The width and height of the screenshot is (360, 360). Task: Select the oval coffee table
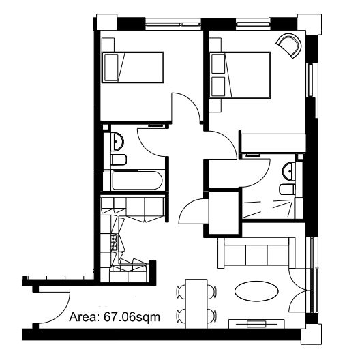click(256, 291)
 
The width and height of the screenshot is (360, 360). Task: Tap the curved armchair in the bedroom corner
click(290, 46)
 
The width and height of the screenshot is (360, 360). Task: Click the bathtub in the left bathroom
click(137, 180)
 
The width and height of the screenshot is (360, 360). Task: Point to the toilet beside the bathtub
click(119, 160)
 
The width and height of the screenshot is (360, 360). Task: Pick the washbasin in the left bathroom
click(117, 141)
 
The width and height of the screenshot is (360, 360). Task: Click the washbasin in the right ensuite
click(289, 170)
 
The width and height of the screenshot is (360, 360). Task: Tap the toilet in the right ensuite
click(287, 190)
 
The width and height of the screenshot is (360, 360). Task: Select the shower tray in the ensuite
click(269, 207)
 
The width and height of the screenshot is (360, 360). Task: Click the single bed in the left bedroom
click(133, 67)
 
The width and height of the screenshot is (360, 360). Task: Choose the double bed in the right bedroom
click(240, 75)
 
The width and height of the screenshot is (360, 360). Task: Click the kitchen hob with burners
click(114, 242)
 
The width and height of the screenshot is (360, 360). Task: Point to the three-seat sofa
click(256, 253)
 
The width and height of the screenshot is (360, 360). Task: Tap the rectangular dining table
click(196, 303)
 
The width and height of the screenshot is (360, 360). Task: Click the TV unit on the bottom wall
click(256, 324)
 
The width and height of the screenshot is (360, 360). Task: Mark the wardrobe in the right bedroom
click(273, 142)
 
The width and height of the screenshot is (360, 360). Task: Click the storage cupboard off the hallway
click(224, 213)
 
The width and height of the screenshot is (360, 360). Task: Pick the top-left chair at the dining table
click(181, 292)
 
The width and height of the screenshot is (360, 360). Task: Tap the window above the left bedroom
click(173, 24)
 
